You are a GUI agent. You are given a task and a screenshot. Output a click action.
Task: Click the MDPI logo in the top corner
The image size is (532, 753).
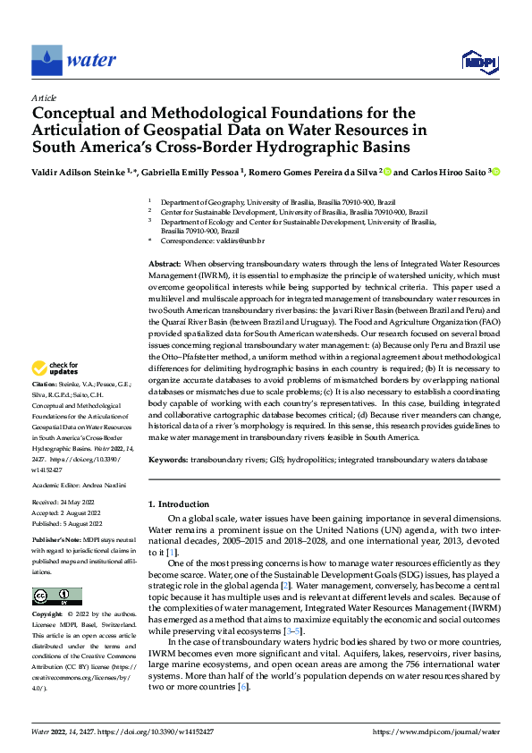tap(477, 61)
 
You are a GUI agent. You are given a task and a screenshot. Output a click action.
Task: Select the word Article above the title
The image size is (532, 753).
tap(43, 97)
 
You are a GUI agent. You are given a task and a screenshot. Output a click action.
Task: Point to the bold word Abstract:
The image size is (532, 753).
tap(165, 266)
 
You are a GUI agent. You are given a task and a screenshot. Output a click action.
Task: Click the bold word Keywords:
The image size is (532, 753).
tap(168, 459)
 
